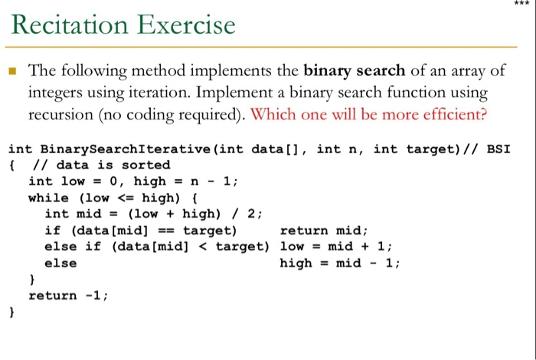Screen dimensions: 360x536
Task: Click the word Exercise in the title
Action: (x=187, y=25)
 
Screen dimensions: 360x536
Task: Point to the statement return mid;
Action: (x=325, y=230)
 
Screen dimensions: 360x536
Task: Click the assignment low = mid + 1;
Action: (x=337, y=247)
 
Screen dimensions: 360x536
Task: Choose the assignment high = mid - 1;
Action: (x=341, y=263)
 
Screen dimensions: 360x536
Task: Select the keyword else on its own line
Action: (x=60, y=263)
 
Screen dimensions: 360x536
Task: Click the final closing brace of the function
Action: (x=11, y=312)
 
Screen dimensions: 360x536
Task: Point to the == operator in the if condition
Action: (x=165, y=230)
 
